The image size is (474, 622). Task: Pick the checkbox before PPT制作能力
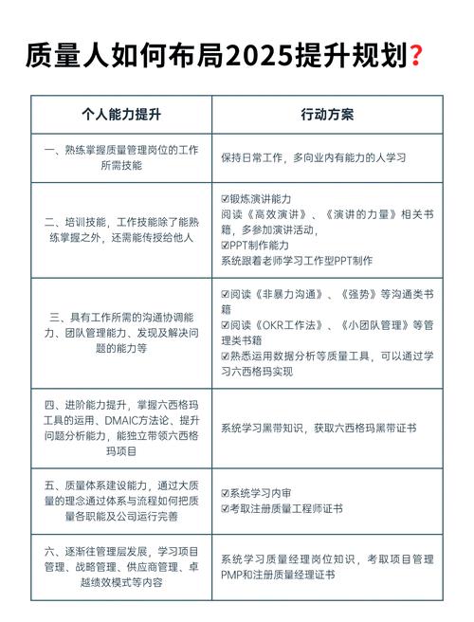(x=225, y=244)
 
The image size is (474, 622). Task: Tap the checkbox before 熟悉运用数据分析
(x=225, y=356)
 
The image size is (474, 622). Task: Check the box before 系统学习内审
(x=225, y=493)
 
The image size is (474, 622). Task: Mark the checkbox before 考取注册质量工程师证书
(x=225, y=508)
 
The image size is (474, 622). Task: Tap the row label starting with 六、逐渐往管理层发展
(x=121, y=566)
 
